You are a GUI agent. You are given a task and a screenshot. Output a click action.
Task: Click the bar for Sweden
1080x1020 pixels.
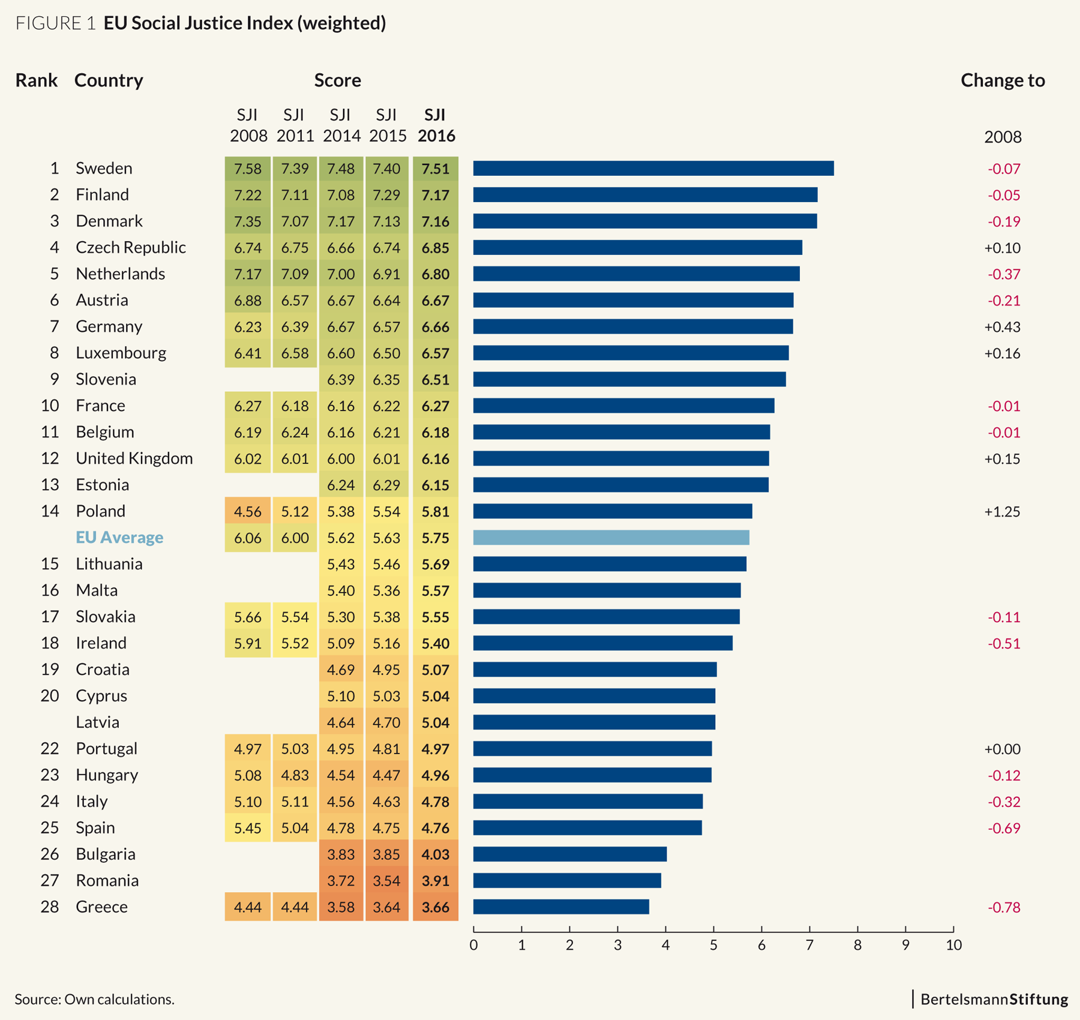653,169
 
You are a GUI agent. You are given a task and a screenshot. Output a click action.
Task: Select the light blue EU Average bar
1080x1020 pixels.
611,538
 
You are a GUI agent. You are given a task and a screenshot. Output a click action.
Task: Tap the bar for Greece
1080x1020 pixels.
561,907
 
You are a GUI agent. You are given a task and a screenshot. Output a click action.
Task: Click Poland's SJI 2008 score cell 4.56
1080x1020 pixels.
248,512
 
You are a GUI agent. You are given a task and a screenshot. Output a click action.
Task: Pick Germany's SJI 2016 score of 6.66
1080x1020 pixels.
436,327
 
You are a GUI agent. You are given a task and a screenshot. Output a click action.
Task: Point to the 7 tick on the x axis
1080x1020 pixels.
809,945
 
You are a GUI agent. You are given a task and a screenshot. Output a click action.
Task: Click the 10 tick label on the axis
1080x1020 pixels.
953,945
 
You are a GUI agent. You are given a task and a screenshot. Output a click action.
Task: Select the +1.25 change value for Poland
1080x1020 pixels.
1002,512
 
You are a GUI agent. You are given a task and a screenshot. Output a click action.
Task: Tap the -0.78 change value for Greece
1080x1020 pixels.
1004,907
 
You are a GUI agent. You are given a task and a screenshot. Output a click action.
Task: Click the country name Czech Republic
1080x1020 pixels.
131,247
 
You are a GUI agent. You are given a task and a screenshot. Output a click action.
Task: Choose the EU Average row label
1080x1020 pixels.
119,537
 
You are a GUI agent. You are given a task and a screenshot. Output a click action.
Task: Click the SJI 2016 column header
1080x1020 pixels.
436,125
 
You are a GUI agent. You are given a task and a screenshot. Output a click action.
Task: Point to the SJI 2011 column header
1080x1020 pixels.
295,125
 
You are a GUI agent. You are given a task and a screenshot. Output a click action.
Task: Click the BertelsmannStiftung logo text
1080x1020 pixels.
994,999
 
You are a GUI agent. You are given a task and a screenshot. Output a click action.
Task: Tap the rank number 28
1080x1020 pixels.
50,907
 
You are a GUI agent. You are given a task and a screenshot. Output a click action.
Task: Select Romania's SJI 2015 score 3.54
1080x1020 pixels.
386,881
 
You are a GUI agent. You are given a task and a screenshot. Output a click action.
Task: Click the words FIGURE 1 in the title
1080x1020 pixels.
55,23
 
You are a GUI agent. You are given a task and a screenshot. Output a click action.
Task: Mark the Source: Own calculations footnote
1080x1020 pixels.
94,999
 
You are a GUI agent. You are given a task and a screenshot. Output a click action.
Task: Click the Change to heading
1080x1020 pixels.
1003,80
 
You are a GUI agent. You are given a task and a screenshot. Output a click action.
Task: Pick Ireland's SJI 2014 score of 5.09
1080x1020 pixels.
341,644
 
